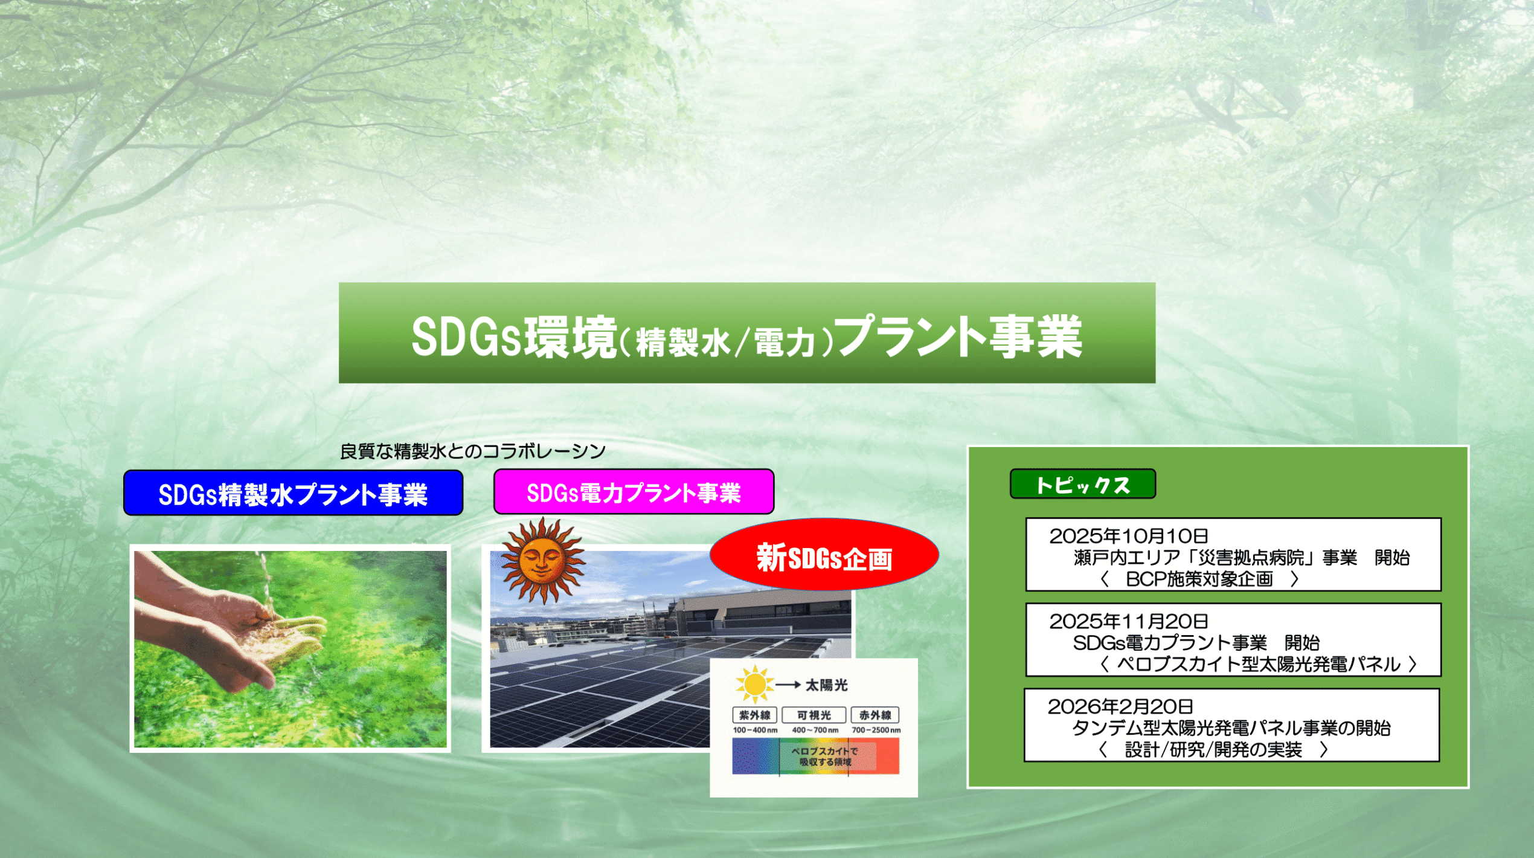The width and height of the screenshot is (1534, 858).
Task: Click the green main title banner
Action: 746,333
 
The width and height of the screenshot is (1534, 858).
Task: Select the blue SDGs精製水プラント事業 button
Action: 293,493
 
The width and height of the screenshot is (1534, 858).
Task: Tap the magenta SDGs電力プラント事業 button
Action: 634,492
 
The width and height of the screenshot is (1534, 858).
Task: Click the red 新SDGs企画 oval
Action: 824,555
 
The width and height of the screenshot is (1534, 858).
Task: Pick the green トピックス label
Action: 1082,484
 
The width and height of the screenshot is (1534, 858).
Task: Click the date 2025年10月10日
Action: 1128,536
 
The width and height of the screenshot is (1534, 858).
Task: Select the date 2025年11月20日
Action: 1128,621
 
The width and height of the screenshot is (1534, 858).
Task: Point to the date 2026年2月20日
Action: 1120,706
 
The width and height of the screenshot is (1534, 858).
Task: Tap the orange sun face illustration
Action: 542,560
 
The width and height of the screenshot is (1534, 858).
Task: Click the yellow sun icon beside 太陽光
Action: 754,685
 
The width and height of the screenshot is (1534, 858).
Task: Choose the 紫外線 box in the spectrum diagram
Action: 754,715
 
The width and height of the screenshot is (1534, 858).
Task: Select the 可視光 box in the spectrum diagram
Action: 814,715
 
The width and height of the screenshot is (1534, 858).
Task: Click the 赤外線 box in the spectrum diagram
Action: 875,715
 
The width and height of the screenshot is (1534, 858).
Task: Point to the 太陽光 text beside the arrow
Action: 826,685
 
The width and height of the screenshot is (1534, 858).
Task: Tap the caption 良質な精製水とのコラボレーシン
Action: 472,451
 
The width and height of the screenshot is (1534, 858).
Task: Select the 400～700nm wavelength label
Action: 815,731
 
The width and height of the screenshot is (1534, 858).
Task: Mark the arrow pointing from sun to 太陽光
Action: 788,685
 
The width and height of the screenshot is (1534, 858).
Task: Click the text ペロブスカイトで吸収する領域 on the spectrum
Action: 824,756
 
